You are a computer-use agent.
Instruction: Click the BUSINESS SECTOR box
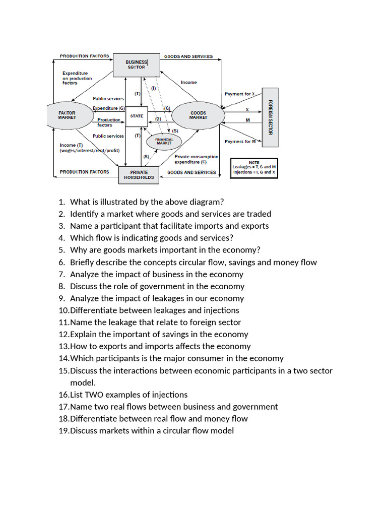[136, 64]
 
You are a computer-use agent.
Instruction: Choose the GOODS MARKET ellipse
[198, 115]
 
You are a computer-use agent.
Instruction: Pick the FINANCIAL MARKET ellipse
[164, 142]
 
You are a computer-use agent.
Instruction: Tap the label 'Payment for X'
[240, 94]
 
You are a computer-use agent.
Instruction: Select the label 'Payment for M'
[240, 142]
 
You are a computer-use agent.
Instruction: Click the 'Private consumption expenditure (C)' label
[196, 159]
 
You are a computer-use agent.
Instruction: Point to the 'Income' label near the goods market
[189, 82]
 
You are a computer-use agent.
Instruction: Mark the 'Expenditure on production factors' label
[77, 78]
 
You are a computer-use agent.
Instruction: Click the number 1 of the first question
[61, 202]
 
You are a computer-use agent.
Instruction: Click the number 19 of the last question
[63, 431]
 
